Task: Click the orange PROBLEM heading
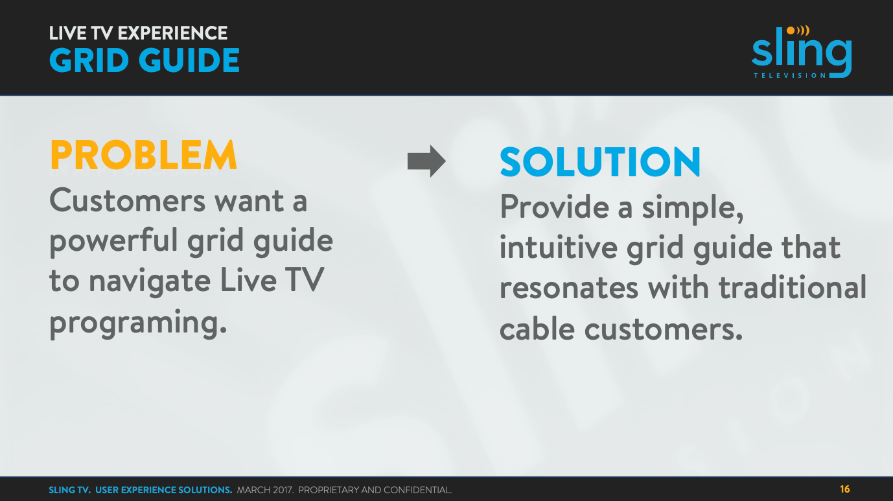143,156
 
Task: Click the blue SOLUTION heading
600,162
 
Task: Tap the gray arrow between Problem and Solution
426,161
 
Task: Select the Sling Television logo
802,52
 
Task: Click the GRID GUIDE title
145,61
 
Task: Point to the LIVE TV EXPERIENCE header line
138,33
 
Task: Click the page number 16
844,489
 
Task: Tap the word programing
138,322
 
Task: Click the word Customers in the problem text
127,201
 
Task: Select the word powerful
113,242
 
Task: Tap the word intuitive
558,248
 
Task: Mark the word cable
537,329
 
